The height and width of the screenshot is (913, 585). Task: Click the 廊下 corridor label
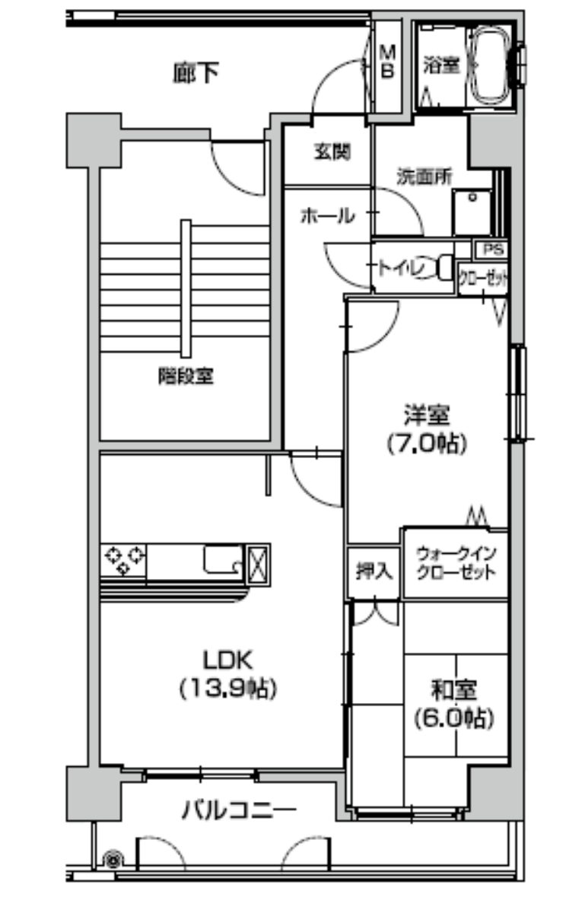coord(196,72)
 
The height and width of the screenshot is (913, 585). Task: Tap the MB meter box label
coord(387,62)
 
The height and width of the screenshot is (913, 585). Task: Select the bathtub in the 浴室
coord(489,65)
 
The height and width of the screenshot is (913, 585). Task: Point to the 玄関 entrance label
coord(332,152)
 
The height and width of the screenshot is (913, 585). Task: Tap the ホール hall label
coord(328,215)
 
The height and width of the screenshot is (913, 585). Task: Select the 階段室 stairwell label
coord(186,376)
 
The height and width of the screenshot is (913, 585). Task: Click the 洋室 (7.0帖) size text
coord(427,444)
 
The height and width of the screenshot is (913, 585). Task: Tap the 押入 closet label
coord(374,571)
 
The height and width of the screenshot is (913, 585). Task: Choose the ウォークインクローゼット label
coord(456,564)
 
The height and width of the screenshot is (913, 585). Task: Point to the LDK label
coord(228,660)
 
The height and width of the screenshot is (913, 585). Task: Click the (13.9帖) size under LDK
coord(228,689)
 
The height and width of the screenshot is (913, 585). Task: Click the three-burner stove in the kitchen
coord(123,560)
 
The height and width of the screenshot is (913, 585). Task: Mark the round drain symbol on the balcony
coord(113,861)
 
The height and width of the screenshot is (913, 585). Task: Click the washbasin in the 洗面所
coord(472,212)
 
